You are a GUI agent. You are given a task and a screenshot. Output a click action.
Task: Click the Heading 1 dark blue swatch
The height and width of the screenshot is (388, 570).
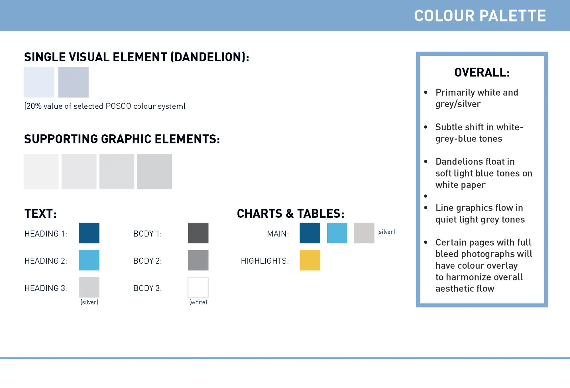pyautogui.click(x=89, y=233)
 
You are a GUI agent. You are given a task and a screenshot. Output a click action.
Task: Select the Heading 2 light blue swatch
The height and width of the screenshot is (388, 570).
pyautogui.click(x=89, y=260)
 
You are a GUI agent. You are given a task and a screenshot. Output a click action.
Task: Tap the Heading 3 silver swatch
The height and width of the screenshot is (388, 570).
pyautogui.click(x=89, y=287)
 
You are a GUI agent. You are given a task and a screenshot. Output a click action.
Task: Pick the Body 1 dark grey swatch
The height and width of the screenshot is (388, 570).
pyautogui.click(x=198, y=233)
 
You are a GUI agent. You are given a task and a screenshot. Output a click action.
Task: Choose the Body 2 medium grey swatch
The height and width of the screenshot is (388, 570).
pyautogui.click(x=198, y=260)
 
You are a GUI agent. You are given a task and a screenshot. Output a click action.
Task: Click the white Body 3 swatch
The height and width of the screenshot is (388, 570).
pyautogui.click(x=198, y=287)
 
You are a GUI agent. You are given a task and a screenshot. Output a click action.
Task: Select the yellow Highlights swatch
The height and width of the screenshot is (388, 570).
pyautogui.click(x=310, y=260)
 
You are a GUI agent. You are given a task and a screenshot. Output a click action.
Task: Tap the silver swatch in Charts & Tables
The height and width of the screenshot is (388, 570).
pyautogui.click(x=364, y=233)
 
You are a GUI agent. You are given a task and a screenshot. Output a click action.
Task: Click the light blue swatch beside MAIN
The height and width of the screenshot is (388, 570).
pyautogui.click(x=337, y=233)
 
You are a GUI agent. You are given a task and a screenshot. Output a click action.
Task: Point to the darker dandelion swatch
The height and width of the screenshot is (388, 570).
pyautogui.click(x=73, y=82)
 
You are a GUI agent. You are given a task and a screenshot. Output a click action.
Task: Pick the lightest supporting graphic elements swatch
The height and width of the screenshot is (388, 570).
pyautogui.click(x=41, y=171)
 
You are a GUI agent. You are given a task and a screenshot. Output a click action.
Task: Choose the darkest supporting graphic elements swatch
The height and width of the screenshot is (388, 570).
pyautogui.click(x=154, y=171)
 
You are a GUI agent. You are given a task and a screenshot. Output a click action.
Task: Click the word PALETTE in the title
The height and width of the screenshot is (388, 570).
pyautogui.click(x=513, y=16)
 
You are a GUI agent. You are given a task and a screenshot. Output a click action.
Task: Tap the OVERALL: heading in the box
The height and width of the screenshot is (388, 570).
pyautogui.click(x=482, y=72)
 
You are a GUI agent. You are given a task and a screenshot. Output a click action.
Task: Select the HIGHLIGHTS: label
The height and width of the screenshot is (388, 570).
pyautogui.click(x=265, y=261)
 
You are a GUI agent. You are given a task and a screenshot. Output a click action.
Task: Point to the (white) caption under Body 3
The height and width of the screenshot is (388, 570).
pyautogui.click(x=198, y=302)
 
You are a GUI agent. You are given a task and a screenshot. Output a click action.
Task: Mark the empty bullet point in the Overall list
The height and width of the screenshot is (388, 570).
pyautogui.click(x=426, y=196)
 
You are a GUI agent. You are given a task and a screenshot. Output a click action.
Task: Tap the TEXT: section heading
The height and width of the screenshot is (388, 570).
pyautogui.click(x=40, y=214)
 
